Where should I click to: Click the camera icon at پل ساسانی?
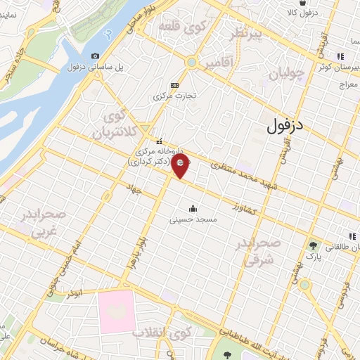(95, 56)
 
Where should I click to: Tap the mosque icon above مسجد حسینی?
(193, 209)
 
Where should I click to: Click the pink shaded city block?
(116, 311)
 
